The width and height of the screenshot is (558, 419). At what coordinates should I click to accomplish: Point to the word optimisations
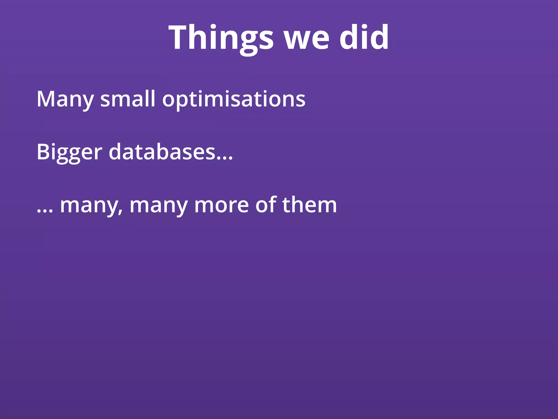point(234,100)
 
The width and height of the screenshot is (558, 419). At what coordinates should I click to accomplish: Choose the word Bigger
point(69,152)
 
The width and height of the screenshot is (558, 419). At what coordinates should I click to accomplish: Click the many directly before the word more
point(159,206)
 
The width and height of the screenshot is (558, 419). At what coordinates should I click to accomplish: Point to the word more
point(221,206)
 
